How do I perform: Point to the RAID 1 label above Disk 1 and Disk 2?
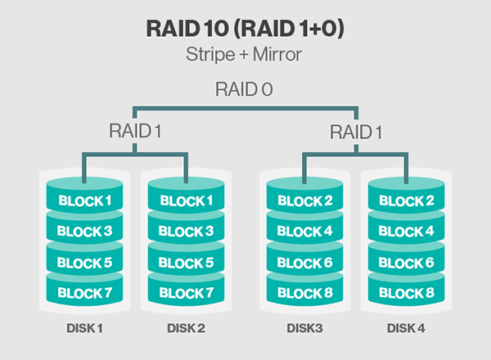(136, 130)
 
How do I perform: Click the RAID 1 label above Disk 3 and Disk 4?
(357, 130)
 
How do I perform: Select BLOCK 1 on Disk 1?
(84, 200)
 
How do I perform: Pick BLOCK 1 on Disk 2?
(187, 200)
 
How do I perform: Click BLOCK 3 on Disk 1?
(84, 232)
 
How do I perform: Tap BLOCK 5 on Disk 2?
(187, 262)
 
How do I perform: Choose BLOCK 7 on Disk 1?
(84, 292)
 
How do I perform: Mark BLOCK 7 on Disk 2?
(187, 292)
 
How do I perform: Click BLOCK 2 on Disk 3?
(304, 200)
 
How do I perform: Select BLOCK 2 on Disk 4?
(407, 200)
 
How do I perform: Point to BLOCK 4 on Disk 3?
(304, 232)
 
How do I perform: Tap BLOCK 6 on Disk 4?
(407, 262)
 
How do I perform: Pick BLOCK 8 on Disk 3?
(304, 292)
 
